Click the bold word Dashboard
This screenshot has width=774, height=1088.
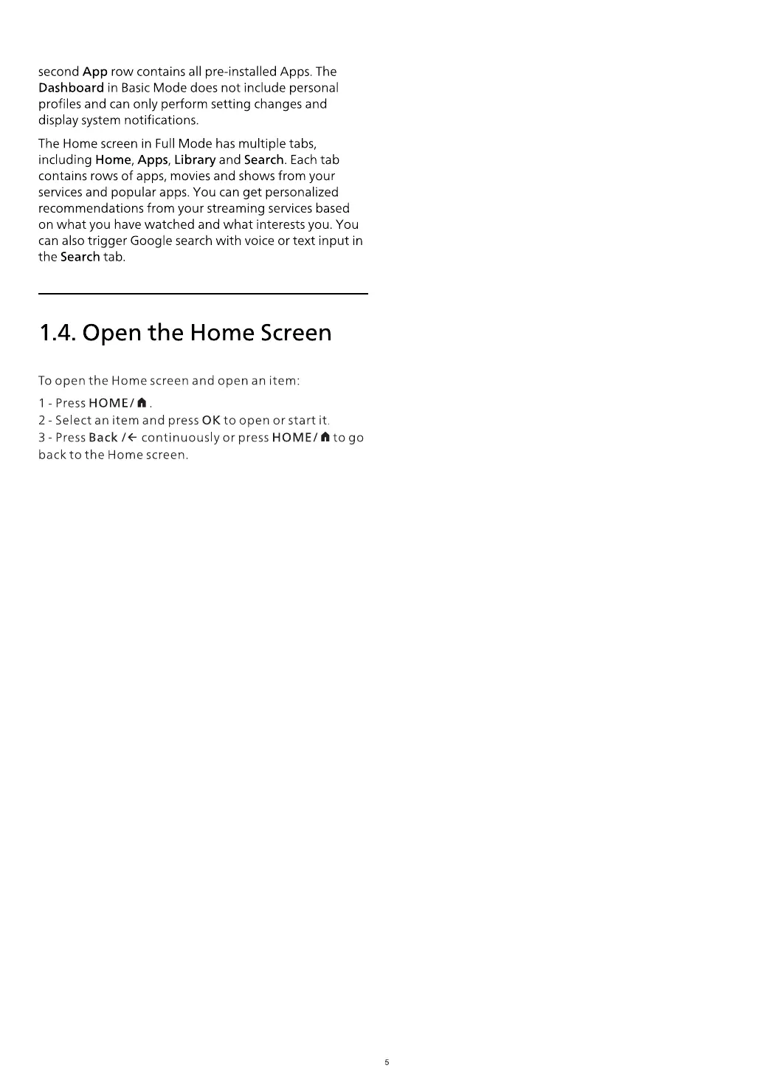71,88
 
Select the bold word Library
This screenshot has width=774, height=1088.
195,160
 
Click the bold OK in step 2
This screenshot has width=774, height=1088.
211,421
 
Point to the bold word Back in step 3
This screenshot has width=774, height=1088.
103,438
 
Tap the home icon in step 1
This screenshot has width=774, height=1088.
142,403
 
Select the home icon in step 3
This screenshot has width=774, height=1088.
325,438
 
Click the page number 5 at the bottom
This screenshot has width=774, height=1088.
387,1063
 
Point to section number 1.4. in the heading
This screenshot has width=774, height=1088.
58,333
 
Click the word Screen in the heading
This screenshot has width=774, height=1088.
296,333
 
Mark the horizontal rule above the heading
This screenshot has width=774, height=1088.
203,294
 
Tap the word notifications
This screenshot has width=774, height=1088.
163,120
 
